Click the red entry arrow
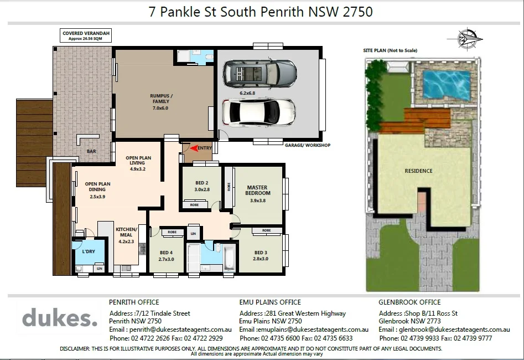click(193, 148)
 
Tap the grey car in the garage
click(260, 73)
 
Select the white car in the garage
click(258, 112)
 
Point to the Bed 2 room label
click(201, 186)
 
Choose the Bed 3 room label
click(260, 255)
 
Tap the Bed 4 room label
click(166, 255)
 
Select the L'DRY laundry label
click(89, 252)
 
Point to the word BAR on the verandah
click(92, 151)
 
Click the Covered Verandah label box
click(86, 36)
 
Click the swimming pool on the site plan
click(446, 83)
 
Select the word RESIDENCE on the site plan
click(418, 171)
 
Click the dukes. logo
click(60, 319)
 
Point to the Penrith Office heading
click(134, 302)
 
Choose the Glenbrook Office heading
click(409, 302)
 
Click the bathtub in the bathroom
click(228, 258)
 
